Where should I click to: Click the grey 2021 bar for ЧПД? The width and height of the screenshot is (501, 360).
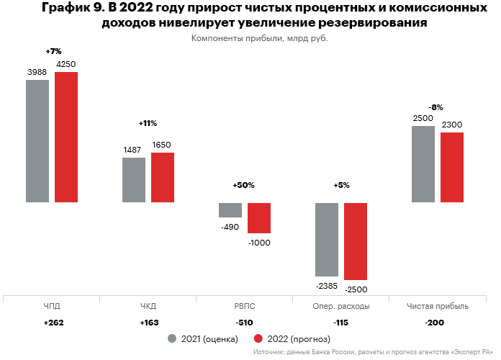pyautogui.click(x=37, y=141)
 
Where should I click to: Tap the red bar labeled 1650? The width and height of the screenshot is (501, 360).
pyautogui.click(x=162, y=177)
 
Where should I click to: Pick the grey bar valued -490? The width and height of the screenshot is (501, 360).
pyautogui.click(x=230, y=210)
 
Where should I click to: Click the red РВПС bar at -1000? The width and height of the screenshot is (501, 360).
pyautogui.click(x=259, y=217)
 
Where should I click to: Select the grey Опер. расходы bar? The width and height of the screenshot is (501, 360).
pyautogui.click(x=327, y=239)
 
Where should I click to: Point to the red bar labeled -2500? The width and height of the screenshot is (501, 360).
pyautogui.click(x=356, y=241)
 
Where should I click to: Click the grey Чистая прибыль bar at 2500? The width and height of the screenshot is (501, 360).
pyautogui.click(x=423, y=164)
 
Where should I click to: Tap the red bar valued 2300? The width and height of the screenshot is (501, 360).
pyautogui.click(x=452, y=167)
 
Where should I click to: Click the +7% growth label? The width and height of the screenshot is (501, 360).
pyautogui.click(x=53, y=52)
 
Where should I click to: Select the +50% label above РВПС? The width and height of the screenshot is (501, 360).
pyautogui.click(x=244, y=185)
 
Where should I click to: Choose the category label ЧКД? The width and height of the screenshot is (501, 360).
pyautogui.click(x=148, y=306)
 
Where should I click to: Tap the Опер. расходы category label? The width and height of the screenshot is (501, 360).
pyautogui.click(x=341, y=306)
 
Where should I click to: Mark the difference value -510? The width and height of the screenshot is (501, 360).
pyautogui.click(x=245, y=323)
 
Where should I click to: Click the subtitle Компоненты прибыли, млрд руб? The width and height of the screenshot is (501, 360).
pyautogui.click(x=264, y=39)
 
